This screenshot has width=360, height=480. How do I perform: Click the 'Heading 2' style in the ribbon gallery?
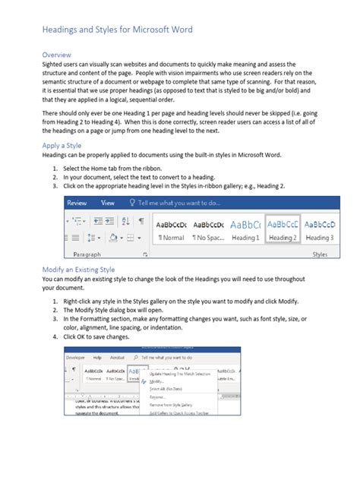point(283,229)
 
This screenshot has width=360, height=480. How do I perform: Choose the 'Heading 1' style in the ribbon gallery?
point(245,229)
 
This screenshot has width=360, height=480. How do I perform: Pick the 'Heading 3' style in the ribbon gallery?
point(319,229)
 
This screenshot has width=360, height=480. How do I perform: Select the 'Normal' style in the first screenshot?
point(171,229)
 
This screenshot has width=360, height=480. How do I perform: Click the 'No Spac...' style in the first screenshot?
point(207,229)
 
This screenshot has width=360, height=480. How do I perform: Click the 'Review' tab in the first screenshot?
point(77,203)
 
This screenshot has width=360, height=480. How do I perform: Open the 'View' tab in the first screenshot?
point(108,203)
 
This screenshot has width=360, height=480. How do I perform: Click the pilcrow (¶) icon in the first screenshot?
point(141,222)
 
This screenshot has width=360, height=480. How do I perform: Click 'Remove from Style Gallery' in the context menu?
point(179,405)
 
